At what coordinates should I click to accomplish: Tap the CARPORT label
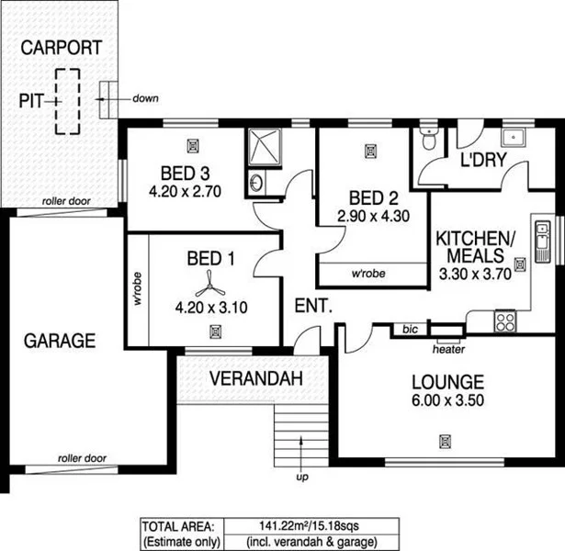tap(62, 48)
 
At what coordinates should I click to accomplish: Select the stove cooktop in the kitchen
tap(504, 320)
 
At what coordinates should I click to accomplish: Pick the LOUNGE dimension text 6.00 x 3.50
tap(447, 399)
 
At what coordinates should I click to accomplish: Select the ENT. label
tap(311, 307)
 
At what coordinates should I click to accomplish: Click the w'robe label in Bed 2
tap(368, 273)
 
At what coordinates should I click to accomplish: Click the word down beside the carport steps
tap(144, 97)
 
